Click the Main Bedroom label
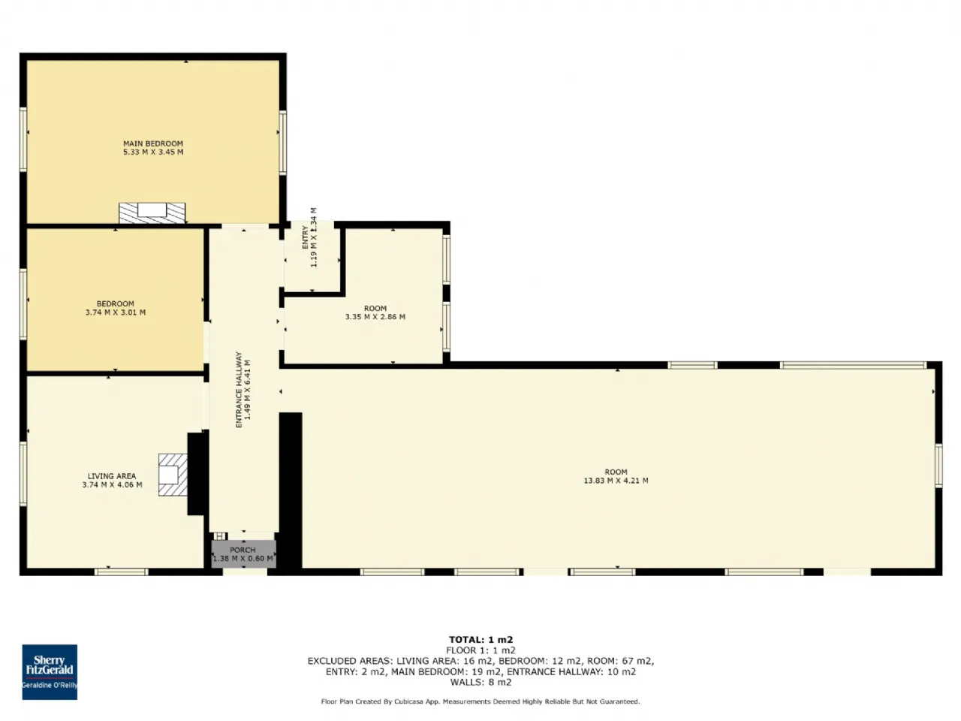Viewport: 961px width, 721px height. (x=153, y=143)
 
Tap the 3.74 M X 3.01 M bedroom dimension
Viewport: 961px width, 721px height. (x=116, y=312)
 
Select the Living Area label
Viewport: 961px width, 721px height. (x=112, y=476)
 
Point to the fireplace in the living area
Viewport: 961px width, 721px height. (x=173, y=475)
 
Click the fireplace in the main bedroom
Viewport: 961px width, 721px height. (x=152, y=213)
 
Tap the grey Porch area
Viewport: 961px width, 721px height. (x=243, y=554)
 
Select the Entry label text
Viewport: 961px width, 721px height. (x=305, y=237)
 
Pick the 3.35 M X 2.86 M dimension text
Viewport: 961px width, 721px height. (x=375, y=317)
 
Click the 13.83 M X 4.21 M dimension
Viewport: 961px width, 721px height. (x=616, y=481)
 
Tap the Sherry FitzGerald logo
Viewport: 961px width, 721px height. (x=50, y=672)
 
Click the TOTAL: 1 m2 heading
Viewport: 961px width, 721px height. (x=480, y=640)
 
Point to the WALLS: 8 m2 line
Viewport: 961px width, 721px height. (x=480, y=682)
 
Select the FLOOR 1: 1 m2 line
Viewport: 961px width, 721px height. (x=480, y=650)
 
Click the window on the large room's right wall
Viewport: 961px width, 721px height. (x=938, y=466)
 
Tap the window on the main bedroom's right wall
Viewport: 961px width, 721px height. (x=283, y=143)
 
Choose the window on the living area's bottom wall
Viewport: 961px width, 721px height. (x=122, y=572)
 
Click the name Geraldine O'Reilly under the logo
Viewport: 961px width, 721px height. (x=50, y=685)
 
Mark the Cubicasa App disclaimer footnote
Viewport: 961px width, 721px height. (x=480, y=701)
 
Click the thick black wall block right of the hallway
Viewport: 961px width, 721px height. (x=291, y=491)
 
